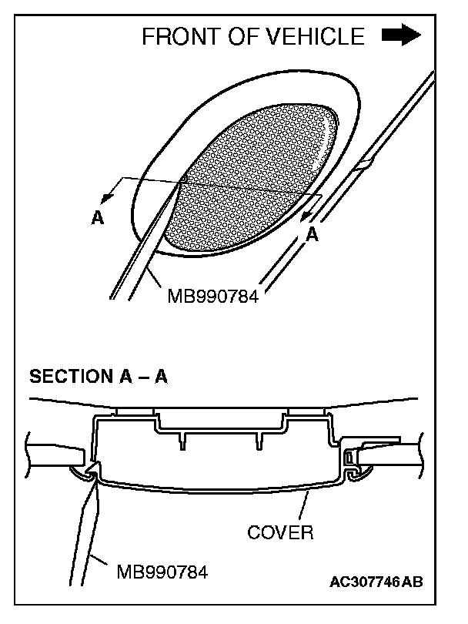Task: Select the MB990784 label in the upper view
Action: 214,294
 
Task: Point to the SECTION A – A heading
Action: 98,377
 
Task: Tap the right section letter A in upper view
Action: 313,236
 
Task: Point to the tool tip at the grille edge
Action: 183,180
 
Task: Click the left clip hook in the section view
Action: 93,471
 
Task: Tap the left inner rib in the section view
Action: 183,441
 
